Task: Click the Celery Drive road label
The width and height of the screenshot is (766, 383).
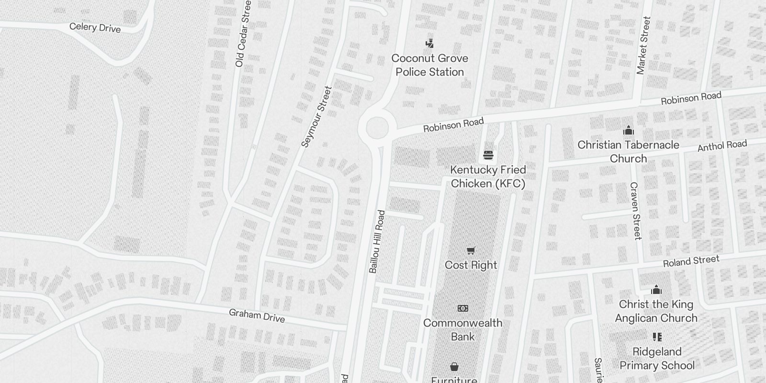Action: click(95, 27)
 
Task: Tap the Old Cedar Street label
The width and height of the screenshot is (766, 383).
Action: click(243, 34)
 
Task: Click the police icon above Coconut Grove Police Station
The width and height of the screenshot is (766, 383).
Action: click(430, 44)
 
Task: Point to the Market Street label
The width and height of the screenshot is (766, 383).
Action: click(643, 45)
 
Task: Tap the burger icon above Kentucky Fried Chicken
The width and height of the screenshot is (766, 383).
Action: click(488, 155)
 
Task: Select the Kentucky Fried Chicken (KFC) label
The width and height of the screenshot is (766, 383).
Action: click(488, 177)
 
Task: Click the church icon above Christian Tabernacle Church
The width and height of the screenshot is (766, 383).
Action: click(628, 130)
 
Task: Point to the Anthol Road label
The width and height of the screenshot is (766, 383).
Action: click(722, 146)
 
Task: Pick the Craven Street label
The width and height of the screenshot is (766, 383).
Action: click(635, 211)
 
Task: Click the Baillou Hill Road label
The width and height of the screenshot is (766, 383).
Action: click(377, 242)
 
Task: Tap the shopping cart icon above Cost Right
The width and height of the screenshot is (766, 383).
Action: click(471, 250)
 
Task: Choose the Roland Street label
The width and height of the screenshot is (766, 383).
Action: click(691, 261)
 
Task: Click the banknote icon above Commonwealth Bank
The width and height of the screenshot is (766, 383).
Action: click(463, 308)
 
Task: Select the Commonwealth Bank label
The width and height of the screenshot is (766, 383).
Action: click(463, 329)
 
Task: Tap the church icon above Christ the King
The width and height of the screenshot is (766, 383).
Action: click(656, 290)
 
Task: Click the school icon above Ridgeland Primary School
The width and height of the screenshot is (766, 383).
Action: click(657, 337)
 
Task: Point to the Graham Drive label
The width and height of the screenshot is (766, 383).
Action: click(257, 315)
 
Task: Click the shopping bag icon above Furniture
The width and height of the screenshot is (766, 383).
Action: click(454, 367)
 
